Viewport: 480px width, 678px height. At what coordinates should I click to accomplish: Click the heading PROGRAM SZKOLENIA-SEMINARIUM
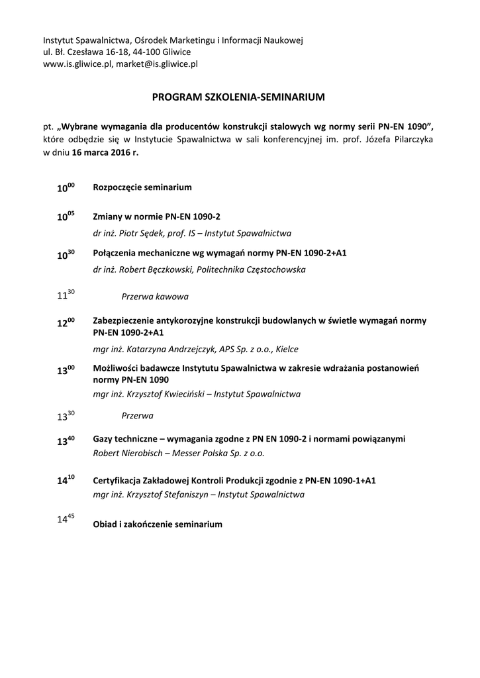pos(238,97)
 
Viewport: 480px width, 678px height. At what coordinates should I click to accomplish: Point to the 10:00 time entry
pos(66,188)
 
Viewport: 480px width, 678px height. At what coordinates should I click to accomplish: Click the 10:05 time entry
pos(66,217)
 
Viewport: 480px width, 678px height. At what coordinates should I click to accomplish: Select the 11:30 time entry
pos(66,297)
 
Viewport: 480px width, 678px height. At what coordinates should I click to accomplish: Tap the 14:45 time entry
pos(66,520)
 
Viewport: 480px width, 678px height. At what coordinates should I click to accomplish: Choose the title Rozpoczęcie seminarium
pos(142,187)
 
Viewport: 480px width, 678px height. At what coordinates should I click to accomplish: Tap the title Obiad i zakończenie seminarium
pos(158,524)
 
